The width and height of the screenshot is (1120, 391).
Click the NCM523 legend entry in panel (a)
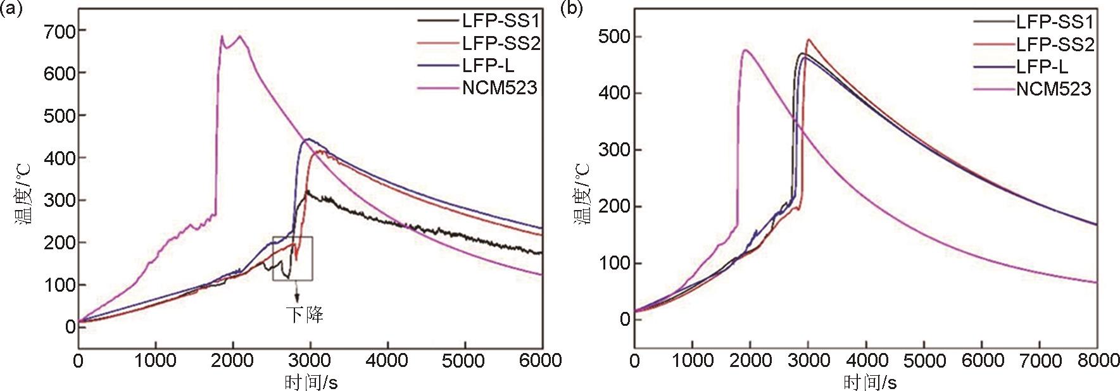tap(499, 87)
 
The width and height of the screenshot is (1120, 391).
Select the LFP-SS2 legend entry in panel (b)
tap(1055, 44)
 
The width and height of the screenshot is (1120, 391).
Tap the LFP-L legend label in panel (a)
tap(488, 65)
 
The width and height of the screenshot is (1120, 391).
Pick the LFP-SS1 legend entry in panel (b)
tap(1055, 22)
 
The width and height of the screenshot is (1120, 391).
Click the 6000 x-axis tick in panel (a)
tap(542, 361)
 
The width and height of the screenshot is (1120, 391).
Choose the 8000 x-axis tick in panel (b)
tap(1097, 361)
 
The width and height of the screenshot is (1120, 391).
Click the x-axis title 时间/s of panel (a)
tap(311, 382)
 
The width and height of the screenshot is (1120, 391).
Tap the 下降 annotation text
tap(305, 314)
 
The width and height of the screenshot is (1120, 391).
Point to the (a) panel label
tap(12, 9)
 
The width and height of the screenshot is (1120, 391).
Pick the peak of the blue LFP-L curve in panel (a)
tap(308, 139)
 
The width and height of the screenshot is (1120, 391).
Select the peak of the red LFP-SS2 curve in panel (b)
tap(808, 40)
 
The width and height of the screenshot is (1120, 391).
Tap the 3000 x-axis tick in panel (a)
tap(310, 361)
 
